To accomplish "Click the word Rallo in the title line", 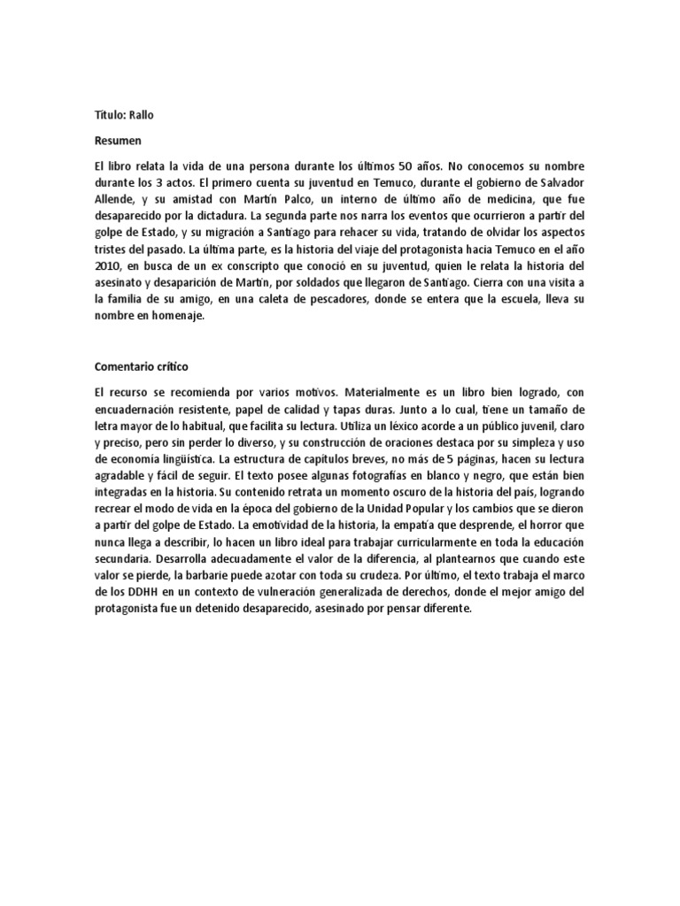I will (144, 115).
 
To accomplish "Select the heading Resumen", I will (119, 140).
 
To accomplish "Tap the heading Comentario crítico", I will (143, 365).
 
